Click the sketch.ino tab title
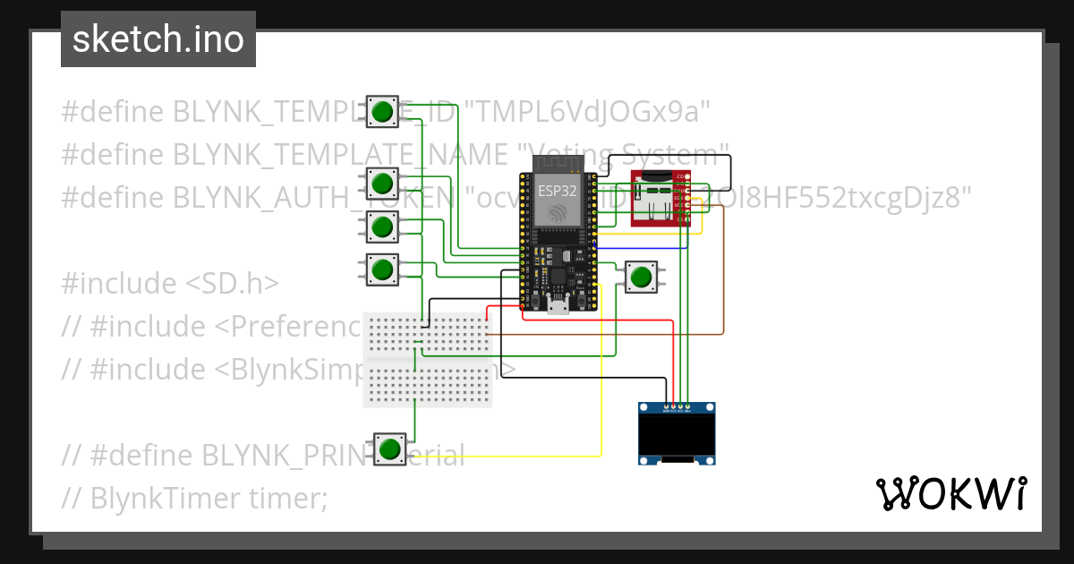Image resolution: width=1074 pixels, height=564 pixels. (158, 39)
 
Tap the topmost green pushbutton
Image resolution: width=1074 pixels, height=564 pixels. (383, 112)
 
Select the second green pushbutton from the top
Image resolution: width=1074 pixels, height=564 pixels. (383, 184)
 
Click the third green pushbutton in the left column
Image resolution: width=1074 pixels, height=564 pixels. (383, 226)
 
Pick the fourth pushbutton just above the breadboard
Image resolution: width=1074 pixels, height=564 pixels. (383, 269)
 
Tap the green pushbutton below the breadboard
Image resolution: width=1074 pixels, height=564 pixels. (388, 449)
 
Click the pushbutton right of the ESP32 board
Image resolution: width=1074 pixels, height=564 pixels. (640, 277)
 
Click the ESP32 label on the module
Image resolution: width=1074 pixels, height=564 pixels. (557, 191)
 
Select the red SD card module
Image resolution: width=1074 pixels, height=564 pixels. (659, 199)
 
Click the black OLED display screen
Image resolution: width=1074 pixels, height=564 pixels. (678, 435)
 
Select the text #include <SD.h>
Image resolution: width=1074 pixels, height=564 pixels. (170, 284)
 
